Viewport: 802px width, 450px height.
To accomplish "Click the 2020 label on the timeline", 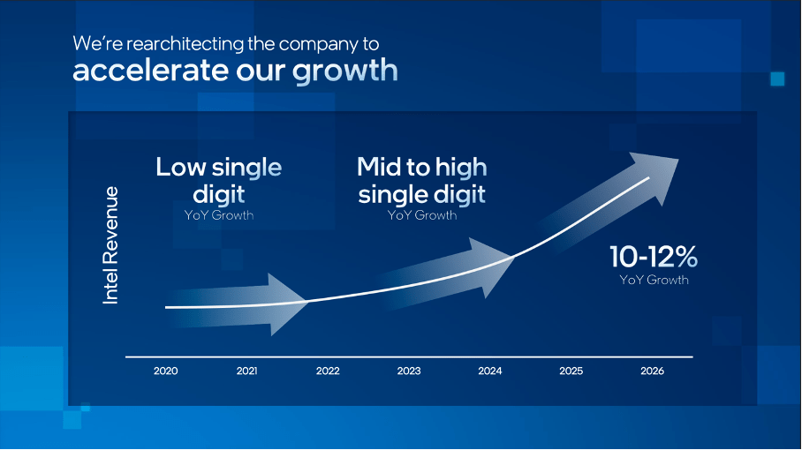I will [165, 371].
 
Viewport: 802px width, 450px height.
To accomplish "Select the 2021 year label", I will [246, 371].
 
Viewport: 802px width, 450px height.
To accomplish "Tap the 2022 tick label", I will [328, 371].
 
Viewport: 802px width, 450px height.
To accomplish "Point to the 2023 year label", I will [409, 371].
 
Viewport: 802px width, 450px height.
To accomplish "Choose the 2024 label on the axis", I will [490, 371].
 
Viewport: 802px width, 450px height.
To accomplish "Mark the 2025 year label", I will [571, 371].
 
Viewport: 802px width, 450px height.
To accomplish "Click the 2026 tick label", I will [652, 371].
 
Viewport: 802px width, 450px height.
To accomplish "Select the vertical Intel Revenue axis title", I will [111, 245].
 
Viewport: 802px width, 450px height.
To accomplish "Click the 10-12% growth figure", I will [654, 258].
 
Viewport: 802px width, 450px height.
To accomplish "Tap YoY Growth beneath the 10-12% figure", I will [654, 280].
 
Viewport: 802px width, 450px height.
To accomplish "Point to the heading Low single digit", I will [219, 180].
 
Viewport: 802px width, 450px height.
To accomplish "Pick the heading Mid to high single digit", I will [422, 180].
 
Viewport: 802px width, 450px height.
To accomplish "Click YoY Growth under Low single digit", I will [219, 215].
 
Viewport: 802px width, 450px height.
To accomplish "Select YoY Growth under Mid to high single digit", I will [422, 214].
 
